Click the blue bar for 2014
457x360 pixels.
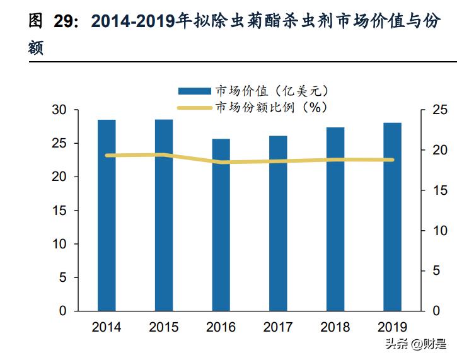point(107,215)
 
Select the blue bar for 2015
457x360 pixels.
point(164,215)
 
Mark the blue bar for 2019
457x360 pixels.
point(392,217)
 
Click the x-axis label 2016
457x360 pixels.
point(221,327)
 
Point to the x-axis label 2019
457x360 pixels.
point(392,327)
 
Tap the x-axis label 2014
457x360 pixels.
point(107,327)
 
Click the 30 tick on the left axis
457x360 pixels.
point(59,110)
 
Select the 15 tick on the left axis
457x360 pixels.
point(59,211)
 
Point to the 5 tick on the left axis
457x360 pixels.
point(62,277)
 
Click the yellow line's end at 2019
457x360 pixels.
point(392,160)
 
